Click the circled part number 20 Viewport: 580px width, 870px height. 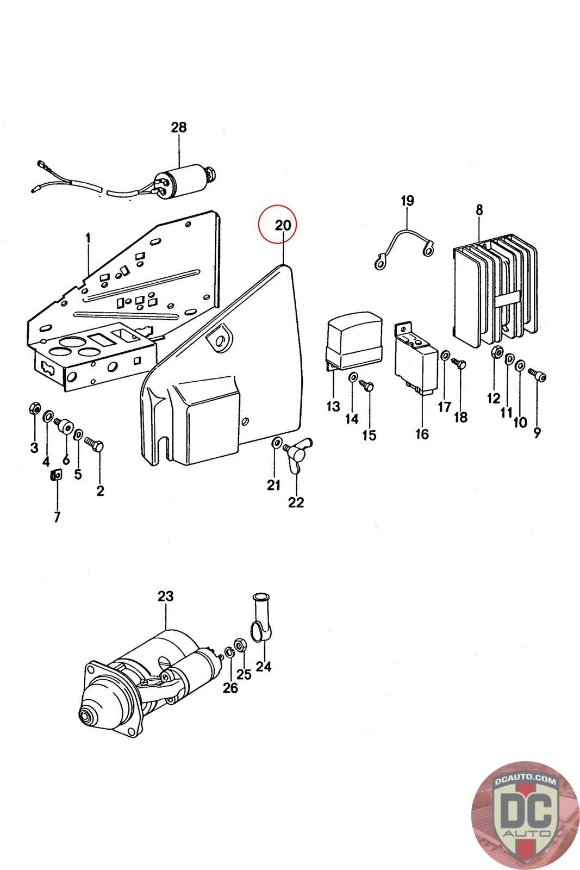click(x=283, y=225)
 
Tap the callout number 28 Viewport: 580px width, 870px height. click(x=179, y=127)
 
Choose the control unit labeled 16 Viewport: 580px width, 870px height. click(x=416, y=357)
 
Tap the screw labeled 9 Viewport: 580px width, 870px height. click(x=537, y=375)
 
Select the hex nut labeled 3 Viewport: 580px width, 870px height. click(x=35, y=408)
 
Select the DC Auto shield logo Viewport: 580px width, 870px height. click(x=525, y=816)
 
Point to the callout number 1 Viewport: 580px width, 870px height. click(x=88, y=238)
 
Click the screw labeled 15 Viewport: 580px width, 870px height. click(x=366, y=386)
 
